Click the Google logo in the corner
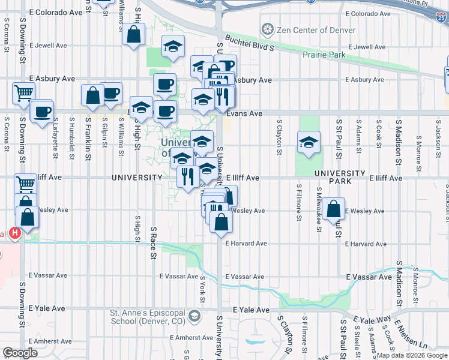click(20, 353)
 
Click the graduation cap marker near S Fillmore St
click(309, 142)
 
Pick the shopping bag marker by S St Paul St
click(333, 209)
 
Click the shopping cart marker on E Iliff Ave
click(25, 184)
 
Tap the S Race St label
click(154, 243)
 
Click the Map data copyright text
click(411, 356)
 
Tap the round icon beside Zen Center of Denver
click(267, 29)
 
